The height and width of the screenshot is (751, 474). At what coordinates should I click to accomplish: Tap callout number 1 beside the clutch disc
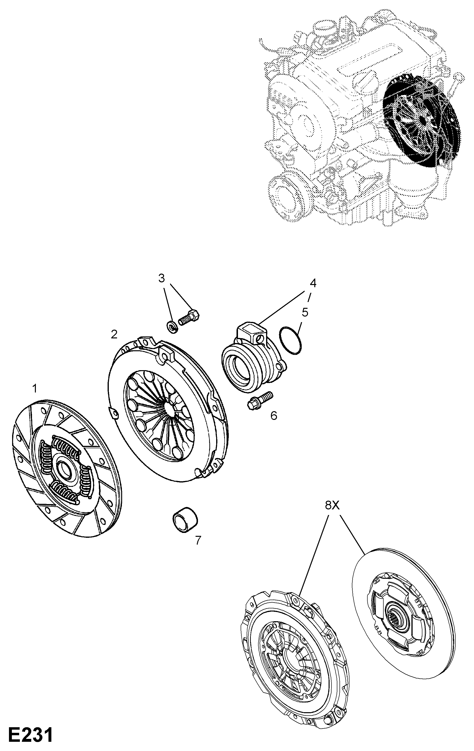35,389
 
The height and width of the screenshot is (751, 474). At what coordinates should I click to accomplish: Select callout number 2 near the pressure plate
114,335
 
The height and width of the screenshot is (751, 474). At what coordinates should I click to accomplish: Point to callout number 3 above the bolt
161,278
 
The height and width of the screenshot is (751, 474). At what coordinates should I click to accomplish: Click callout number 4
313,283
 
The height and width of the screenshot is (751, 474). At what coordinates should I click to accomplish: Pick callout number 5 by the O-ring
304,312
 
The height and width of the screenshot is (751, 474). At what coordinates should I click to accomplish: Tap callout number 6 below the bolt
274,416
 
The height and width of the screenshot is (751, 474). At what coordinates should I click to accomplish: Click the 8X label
332,505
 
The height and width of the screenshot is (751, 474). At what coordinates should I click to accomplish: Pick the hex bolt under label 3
189,318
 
